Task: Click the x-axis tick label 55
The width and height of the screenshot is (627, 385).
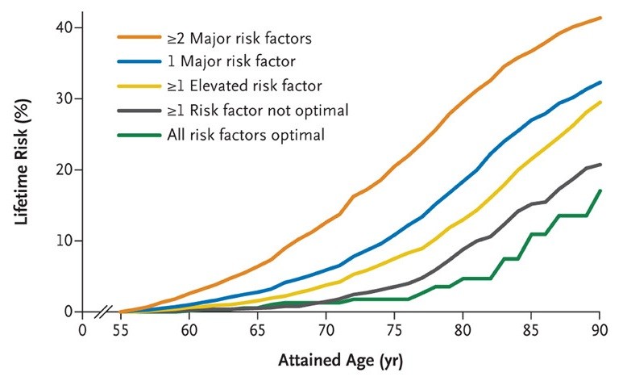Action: (x=121, y=330)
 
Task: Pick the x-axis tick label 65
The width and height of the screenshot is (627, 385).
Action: (x=257, y=330)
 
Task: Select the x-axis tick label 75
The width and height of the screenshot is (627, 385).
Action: (x=394, y=330)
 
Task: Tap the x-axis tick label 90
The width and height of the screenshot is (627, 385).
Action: (x=599, y=330)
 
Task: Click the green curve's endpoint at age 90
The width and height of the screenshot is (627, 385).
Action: (x=599, y=191)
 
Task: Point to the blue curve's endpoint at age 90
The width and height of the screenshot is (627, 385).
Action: (x=599, y=82)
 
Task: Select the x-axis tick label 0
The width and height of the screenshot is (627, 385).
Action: (x=81, y=330)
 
